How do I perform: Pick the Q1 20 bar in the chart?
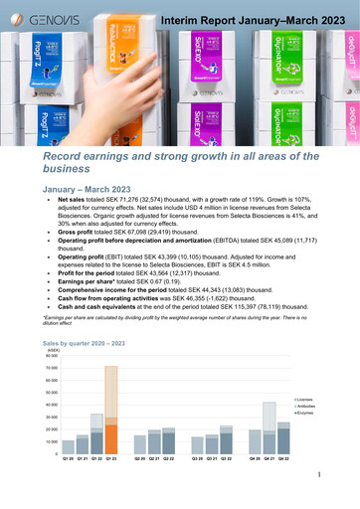coord(68,475)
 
